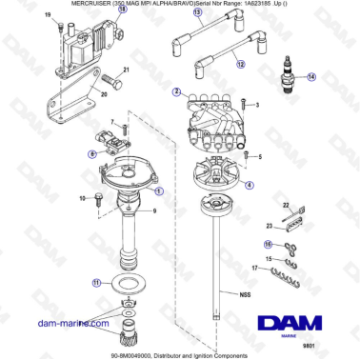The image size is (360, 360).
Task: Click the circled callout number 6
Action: coord(91,152)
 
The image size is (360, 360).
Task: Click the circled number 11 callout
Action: coord(94,283)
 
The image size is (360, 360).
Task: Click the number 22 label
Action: coord(285,204)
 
